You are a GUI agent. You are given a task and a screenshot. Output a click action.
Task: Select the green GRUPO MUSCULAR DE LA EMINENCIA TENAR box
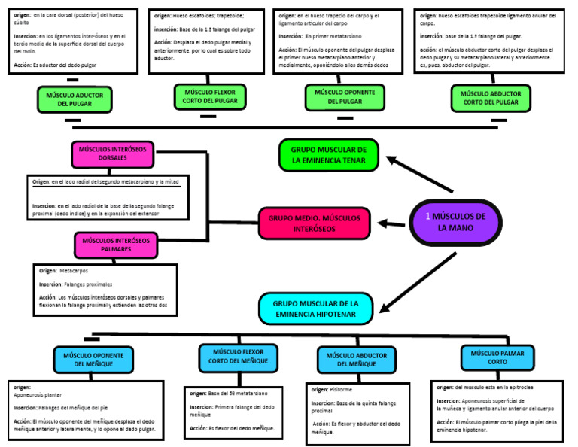tap(329, 154)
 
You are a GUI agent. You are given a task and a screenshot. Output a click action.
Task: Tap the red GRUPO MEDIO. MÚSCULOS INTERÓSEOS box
tap(315, 223)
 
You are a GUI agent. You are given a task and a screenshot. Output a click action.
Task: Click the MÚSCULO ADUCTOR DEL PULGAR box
tap(75, 99)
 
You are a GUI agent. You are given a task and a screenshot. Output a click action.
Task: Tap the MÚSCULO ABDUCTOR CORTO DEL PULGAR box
tap(491, 98)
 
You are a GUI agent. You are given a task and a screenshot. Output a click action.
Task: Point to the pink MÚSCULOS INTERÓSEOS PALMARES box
tap(116, 245)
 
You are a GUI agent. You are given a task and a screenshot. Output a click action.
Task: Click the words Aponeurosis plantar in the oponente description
tap(38, 394)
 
